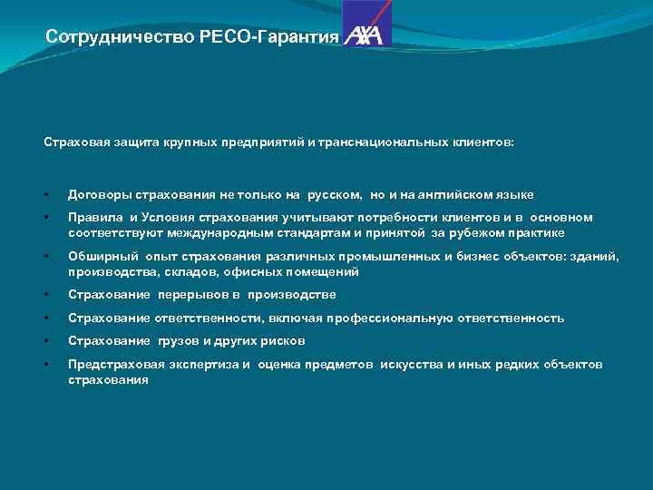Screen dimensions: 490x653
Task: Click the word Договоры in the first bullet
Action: tap(99, 194)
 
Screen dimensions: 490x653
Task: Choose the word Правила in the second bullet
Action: tap(95, 217)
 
